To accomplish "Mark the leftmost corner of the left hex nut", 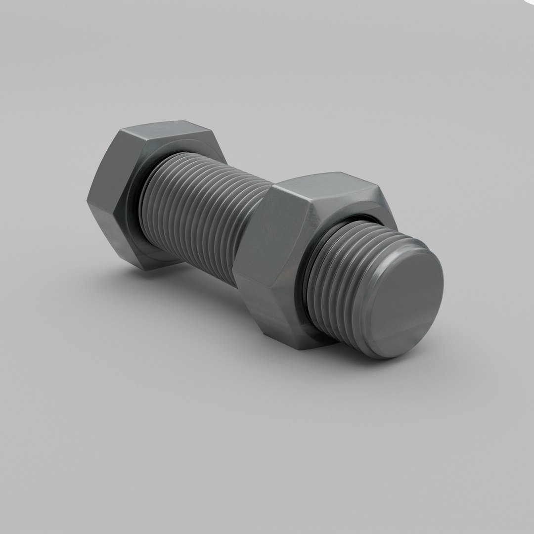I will click(x=88, y=200).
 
